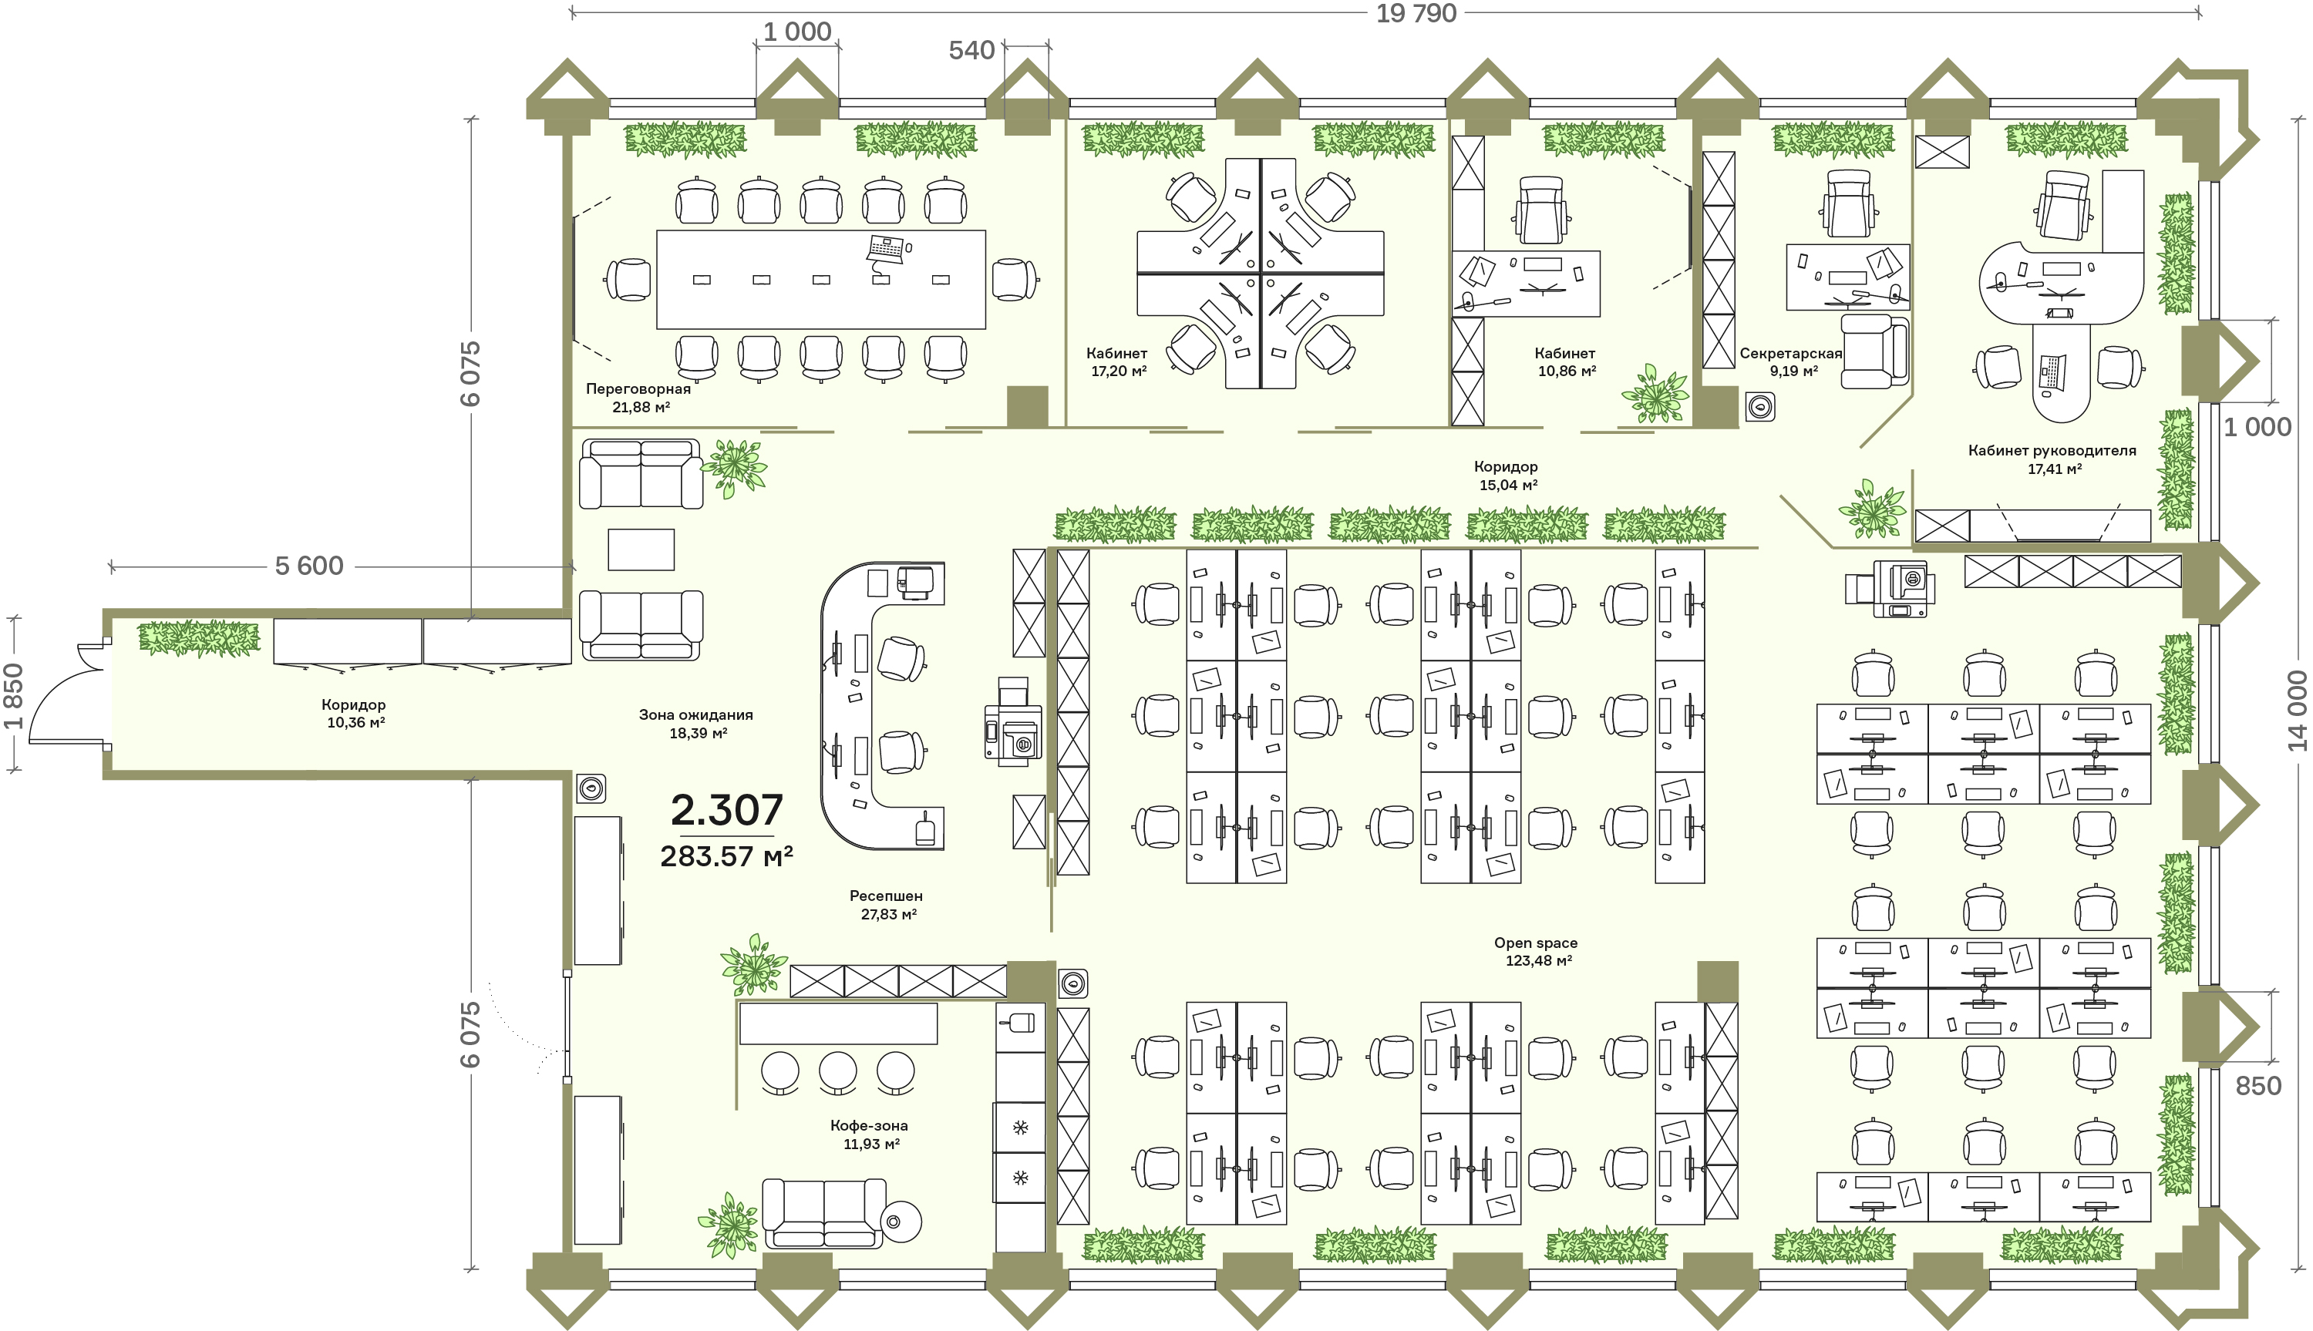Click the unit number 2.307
[x=727, y=810]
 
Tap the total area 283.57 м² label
[x=727, y=856]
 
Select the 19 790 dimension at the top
[x=1416, y=14]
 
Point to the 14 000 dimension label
[x=2298, y=711]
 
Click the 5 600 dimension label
[x=309, y=566]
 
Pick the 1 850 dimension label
[x=13, y=697]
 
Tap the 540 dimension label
[x=971, y=50]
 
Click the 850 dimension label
[x=2258, y=1086]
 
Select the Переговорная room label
[x=638, y=388]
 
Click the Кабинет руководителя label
[x=2052, y=450]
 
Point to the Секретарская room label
[x=1791, y=353]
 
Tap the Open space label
[x=1536, y=943]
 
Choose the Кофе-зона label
[x=868, y=1125]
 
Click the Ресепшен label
[x=886, y=896]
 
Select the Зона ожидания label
[x=695, y=715]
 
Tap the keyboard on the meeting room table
[x=887, y=247]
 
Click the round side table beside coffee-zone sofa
[x=901, y=1222]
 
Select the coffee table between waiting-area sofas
[x=641, y=550]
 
